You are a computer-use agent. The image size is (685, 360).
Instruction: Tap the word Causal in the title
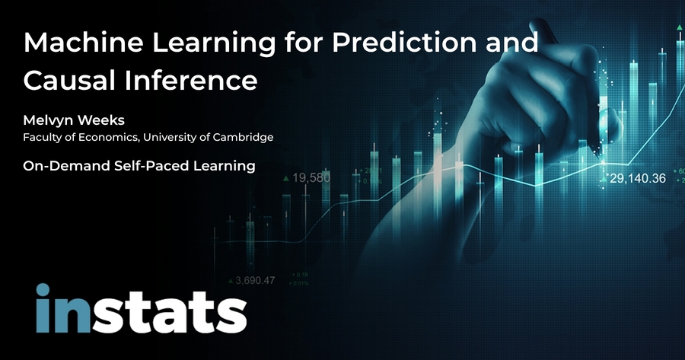coord(61,78)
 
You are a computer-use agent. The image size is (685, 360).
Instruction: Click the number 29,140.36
coord(638,179)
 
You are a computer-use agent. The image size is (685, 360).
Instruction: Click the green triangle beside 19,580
coord(285,178)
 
